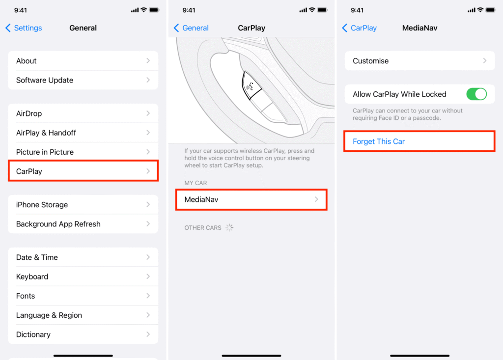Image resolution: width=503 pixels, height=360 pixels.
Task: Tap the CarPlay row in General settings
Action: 83,171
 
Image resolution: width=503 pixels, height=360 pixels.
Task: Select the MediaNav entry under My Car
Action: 251,199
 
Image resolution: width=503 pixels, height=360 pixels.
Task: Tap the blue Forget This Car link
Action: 379,141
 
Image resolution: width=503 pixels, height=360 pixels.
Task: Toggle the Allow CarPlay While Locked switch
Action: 476,94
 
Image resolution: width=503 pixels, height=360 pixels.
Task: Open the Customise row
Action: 419,61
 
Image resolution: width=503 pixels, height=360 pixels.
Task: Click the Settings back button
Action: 24,28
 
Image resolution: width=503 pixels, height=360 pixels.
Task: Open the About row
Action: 83,61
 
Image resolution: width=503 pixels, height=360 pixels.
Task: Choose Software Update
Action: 83,80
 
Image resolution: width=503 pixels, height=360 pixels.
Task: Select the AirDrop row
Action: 83,113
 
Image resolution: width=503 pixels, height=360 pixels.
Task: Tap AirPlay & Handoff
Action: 83,133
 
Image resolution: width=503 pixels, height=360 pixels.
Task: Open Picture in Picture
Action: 83,152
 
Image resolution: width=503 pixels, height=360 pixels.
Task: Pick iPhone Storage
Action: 83,205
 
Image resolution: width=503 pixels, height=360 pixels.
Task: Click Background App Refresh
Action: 83,224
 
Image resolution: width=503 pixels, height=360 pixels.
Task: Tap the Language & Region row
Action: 83,315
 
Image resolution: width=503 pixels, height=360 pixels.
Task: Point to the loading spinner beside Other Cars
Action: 229,228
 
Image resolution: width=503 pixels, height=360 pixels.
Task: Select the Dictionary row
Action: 83,334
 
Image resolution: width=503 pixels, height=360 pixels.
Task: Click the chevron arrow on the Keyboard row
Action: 148,277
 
